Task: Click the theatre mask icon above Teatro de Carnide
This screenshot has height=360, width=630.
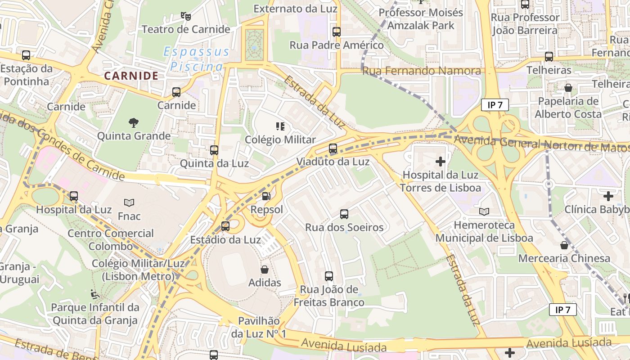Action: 185,16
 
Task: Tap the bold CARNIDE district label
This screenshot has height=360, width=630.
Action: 131,76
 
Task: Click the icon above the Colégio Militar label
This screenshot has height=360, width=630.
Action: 280,126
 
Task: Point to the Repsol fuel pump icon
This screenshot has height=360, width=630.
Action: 266,196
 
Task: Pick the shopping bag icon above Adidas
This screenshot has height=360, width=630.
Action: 265,270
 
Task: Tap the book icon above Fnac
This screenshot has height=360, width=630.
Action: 129,203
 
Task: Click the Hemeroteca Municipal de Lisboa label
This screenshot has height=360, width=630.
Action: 484,231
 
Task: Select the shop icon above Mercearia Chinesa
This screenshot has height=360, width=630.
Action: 564,245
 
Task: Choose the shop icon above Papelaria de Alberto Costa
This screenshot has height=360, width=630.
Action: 568,88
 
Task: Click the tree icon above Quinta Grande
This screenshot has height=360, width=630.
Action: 133,122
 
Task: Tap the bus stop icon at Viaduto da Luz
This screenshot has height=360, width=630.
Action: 333,148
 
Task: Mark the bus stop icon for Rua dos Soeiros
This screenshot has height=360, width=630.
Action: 344,214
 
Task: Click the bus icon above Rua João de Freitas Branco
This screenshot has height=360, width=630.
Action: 329,276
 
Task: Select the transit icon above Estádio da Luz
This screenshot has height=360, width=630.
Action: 225,226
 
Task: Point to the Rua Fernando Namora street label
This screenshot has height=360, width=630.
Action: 422,71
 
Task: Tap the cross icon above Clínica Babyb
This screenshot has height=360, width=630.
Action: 608,196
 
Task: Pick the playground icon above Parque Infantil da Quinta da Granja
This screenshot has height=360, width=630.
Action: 95,294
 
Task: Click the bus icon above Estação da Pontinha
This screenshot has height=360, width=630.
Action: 26,55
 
